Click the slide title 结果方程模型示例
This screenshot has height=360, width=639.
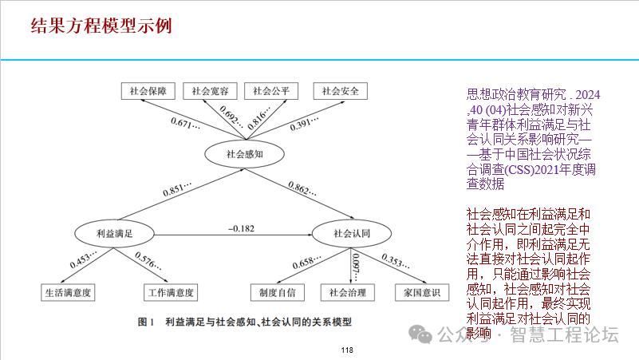[x=101, y=26]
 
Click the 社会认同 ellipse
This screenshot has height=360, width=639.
[x=352, y=233]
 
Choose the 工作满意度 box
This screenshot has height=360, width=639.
[x=171, y=292]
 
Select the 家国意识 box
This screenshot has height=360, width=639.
[x=417, y=292]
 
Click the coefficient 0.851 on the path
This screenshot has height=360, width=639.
[x=178, y=189]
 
